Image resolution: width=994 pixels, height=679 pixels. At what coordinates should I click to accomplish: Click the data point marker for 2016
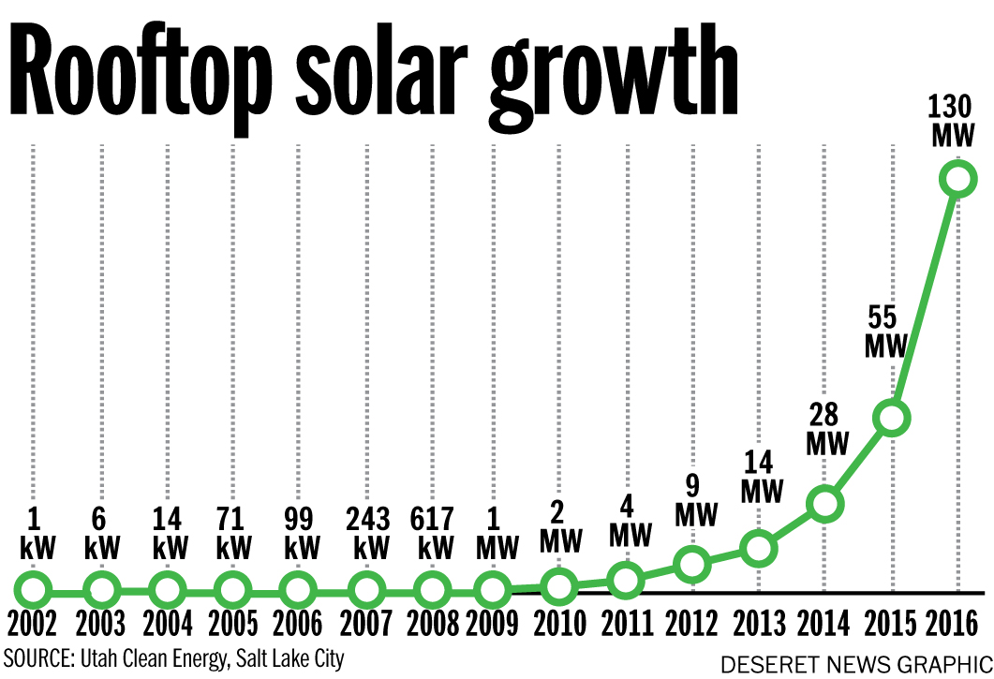(957, 178)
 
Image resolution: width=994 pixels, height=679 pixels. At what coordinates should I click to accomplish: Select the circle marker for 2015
(892, 418)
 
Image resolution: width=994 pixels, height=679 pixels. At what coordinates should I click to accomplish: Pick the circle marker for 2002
(34, 591)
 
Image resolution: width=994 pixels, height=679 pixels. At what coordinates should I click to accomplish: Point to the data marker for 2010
(558, 587)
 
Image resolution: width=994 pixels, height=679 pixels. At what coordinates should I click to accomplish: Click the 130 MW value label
(955, 121)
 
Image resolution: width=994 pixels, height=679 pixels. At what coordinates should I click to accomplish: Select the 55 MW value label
(885, 330)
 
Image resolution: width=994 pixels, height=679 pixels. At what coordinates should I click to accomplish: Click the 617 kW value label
(432, 533)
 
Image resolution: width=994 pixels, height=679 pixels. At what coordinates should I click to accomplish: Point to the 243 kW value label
(365, 533)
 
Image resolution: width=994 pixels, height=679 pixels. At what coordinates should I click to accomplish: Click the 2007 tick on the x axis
(366, 623)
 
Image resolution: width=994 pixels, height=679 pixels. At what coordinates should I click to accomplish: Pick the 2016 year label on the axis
(957, 623)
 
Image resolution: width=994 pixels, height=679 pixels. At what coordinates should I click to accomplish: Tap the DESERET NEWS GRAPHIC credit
(853, 664)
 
